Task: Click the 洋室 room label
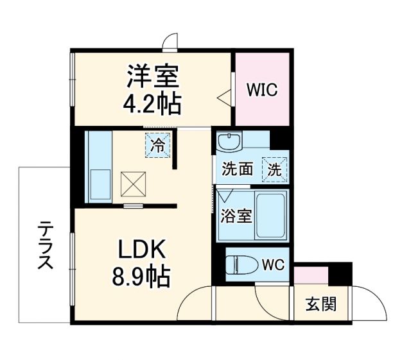152,77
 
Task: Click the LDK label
142,250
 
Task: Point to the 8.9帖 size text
142,277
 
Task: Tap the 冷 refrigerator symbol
157,145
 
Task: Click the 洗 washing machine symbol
275,170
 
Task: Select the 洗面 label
237,170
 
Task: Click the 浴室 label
236,216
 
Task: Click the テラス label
45,246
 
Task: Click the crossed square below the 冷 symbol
134,186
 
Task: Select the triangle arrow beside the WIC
223,98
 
